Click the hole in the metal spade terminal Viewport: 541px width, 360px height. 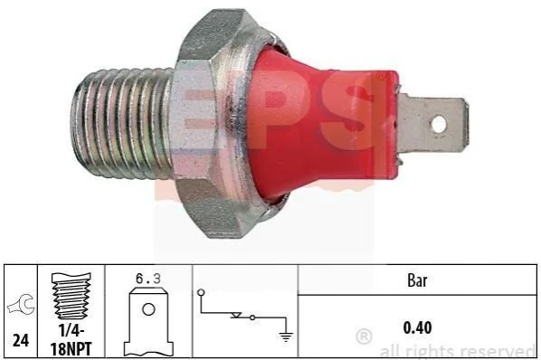[x=439, y=124]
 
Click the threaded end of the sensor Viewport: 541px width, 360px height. [x=122, y=123]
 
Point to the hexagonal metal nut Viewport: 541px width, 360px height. [x=214, y=123]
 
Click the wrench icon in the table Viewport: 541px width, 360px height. [x=22, y=305]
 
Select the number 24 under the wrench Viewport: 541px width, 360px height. [x=21, y=341]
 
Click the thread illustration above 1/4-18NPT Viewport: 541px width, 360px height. [x=71, y=297]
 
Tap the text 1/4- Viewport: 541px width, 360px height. [x=71, y=331]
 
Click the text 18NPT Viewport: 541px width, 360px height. [x=71, y=349]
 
